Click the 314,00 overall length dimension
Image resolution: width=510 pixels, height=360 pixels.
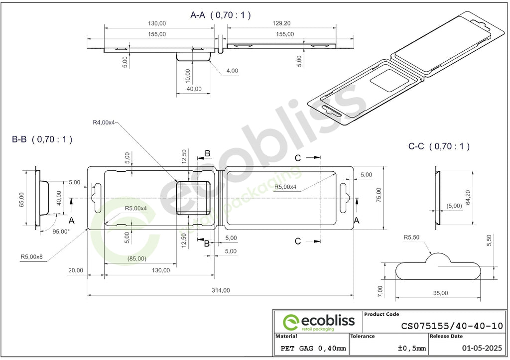click(x=221, y=290)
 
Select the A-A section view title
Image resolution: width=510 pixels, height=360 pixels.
click(x=221, y=15)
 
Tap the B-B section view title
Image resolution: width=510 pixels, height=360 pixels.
click(x=42, y=139)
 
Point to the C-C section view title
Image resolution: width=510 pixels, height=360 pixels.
click(x=439, y=146)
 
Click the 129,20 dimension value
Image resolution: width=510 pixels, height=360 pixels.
click(x=281, y=23)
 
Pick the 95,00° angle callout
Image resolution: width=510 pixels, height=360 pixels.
click(x=61, y=232)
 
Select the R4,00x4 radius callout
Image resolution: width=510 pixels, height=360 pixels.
click(x=104, y=122)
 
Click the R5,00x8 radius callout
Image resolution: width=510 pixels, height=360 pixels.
click(x=31, y=256)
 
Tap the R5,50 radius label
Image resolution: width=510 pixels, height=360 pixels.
click(x=411, y=238)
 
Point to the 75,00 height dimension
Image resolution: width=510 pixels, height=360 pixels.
click(x=379, y=195)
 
